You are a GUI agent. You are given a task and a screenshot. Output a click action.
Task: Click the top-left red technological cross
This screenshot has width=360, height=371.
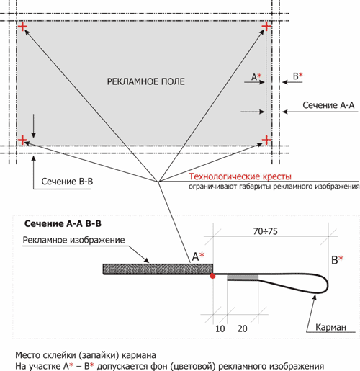(22, 27)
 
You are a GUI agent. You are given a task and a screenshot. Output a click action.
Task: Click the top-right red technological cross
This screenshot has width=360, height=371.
(266, 26)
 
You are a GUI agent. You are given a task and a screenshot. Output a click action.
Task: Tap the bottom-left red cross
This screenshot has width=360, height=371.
(22, 140)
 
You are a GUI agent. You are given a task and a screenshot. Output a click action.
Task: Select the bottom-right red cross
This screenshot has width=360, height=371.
(266, 140)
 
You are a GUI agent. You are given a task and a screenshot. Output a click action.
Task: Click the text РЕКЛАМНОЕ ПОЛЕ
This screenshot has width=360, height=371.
(145, 81)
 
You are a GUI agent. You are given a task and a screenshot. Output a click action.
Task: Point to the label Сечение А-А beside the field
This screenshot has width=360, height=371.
(328, 105)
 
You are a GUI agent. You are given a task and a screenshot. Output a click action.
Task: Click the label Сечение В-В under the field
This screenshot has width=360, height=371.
(67, 182)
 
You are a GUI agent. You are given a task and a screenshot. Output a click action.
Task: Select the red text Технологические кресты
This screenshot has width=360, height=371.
(240, 176)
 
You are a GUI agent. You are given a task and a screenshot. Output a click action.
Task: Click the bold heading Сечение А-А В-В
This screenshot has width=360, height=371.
(63, 224)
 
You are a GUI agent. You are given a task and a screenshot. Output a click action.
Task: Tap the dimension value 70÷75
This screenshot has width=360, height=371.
(266, 231)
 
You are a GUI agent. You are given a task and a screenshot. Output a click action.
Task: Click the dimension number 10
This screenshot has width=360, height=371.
(220, 328)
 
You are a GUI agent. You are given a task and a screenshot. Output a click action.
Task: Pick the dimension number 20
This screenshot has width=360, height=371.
(243, 328)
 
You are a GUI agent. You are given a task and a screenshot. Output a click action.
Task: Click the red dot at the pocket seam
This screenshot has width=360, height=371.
(212, 276)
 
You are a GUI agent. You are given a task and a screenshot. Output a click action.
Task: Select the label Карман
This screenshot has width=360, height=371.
(330, 327)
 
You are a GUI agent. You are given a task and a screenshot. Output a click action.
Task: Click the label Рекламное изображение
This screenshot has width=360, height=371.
(73, 240)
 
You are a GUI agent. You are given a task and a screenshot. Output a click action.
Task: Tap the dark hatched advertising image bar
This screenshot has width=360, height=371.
(158, 269)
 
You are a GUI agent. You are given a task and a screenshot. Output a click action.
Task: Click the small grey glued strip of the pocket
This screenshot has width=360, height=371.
(243, 278)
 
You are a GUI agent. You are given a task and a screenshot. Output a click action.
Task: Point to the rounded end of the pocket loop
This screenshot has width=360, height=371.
(328, 285)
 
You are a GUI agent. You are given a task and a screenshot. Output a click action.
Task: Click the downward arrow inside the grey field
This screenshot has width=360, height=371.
(34, 126)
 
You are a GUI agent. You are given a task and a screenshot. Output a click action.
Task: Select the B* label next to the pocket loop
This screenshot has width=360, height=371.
(338, 260)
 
